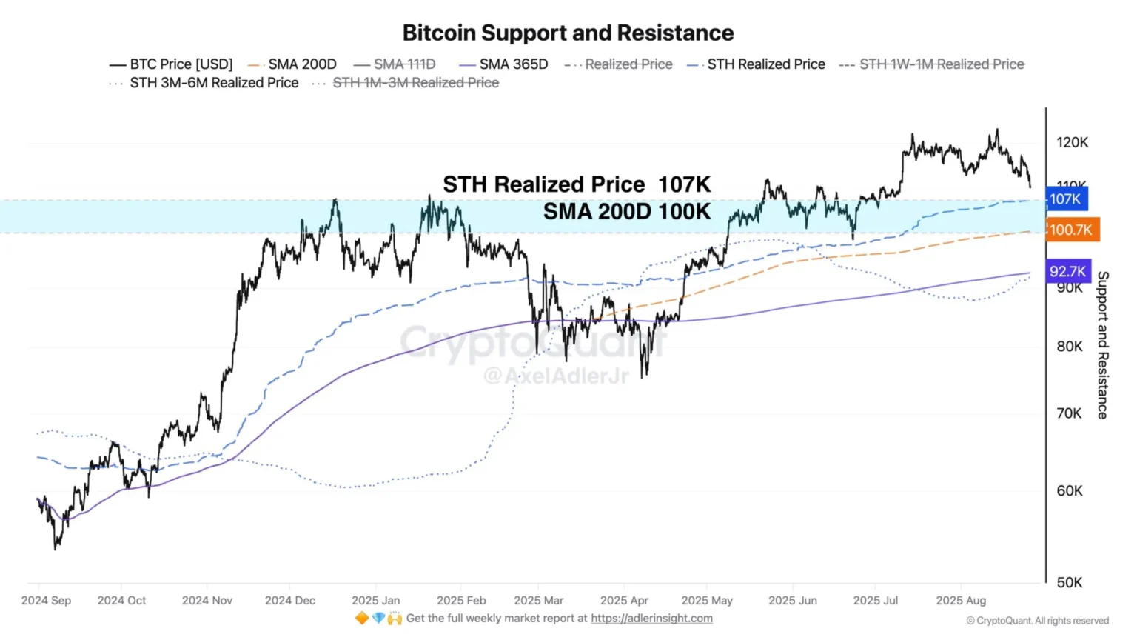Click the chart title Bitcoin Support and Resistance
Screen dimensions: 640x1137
point(568,33)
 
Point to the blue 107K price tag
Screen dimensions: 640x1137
point(1066,199)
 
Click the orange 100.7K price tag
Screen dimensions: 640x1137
point(1071,230)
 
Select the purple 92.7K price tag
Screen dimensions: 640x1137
point(1067,271)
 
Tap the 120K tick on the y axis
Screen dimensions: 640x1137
point(1072,142)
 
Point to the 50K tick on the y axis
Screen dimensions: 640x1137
point(1070,582)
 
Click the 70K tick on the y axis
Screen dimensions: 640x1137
point(1070,413)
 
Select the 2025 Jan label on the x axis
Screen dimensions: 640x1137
point(375,600)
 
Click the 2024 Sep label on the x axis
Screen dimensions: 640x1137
point(46,600)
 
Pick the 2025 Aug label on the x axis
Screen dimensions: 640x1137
point(961,600)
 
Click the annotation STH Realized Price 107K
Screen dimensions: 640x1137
point(577,184)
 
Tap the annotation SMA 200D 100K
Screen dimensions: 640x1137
point(626,212)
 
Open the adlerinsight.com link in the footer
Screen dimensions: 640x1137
point(651,618)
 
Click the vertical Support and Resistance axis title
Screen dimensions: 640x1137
point(1102,345)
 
